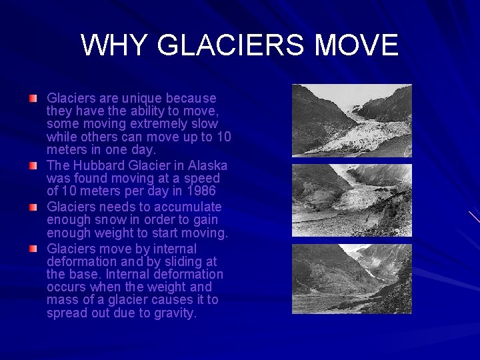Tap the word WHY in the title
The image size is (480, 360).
coord(114,45)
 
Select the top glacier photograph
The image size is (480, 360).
coord(351,121)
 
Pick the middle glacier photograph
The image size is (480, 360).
coord(351,200)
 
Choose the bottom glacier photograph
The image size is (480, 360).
coord(351,279)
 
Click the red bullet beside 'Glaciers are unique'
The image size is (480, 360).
coord(33,99)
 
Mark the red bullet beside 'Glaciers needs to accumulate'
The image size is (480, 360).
coord(33,207)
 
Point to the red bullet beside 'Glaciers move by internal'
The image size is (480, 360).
coord(33,249)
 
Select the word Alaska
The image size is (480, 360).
coord(207,165)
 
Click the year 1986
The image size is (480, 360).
coord(201,191)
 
